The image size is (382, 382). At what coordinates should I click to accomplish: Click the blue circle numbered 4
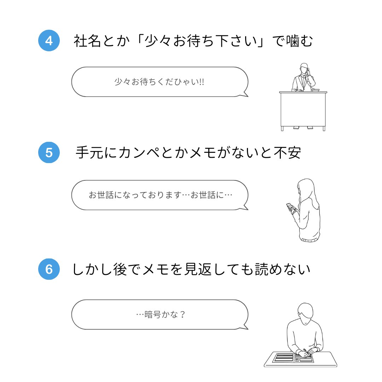(49, 41)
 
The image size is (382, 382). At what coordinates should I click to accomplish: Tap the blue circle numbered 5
(49, 152)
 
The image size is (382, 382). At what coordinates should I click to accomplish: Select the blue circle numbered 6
(49, 269)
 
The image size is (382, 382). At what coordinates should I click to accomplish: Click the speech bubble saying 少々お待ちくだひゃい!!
(160, 82)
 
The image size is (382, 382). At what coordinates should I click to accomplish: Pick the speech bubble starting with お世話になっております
(160, 195)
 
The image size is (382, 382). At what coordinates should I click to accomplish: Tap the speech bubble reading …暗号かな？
(160, 314)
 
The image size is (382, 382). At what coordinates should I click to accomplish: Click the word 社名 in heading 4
(87, 41)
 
